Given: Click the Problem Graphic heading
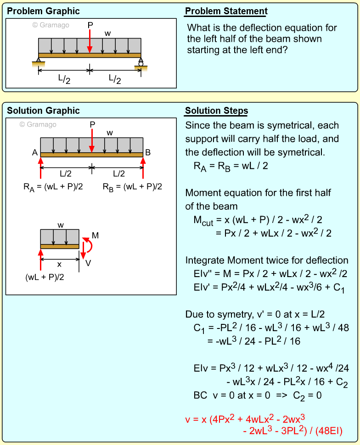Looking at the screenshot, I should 43,11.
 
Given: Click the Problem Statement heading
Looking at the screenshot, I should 226,11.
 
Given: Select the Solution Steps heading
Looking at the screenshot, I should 216,111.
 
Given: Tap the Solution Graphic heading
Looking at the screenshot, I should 43,111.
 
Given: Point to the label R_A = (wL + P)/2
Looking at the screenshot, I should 52,187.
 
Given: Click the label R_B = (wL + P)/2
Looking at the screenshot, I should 133,187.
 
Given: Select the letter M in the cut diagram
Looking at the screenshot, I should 95,236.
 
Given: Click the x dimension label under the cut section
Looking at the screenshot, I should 60,265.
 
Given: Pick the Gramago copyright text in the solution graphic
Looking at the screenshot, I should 38,124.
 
